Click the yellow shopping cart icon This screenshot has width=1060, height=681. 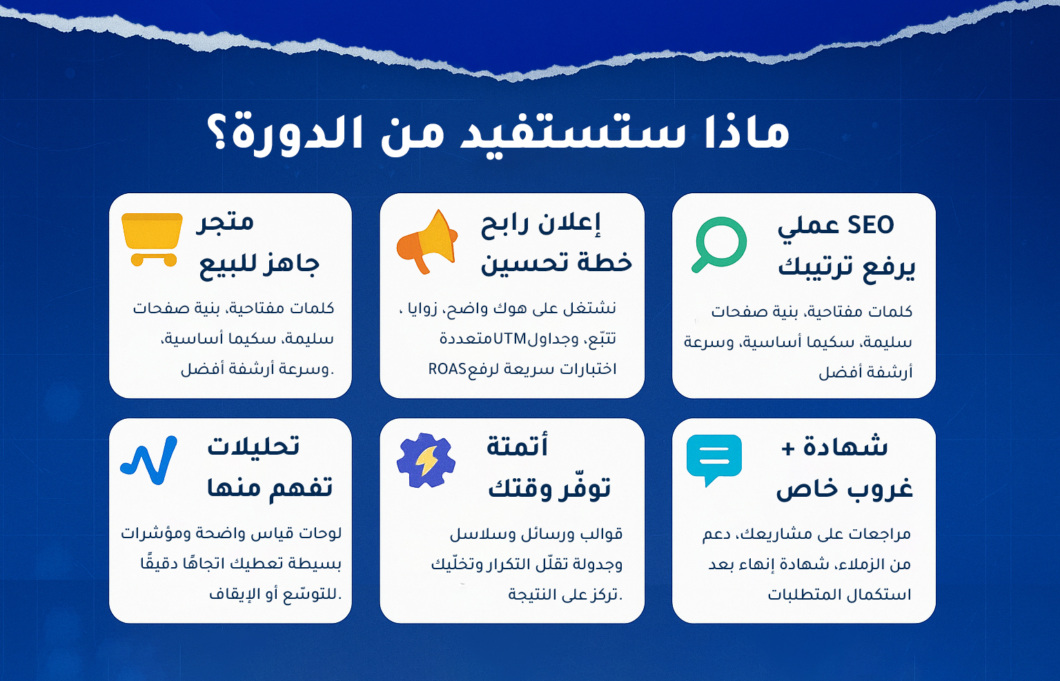point(151,239)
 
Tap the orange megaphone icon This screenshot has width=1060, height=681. point(427,241)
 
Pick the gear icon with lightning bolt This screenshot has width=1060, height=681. point(426,460)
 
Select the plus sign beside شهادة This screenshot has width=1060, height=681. point(788,448)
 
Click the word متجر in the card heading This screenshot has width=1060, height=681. point(225,222)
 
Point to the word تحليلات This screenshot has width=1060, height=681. point(254,446)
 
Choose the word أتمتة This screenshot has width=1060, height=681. point(517,446)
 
